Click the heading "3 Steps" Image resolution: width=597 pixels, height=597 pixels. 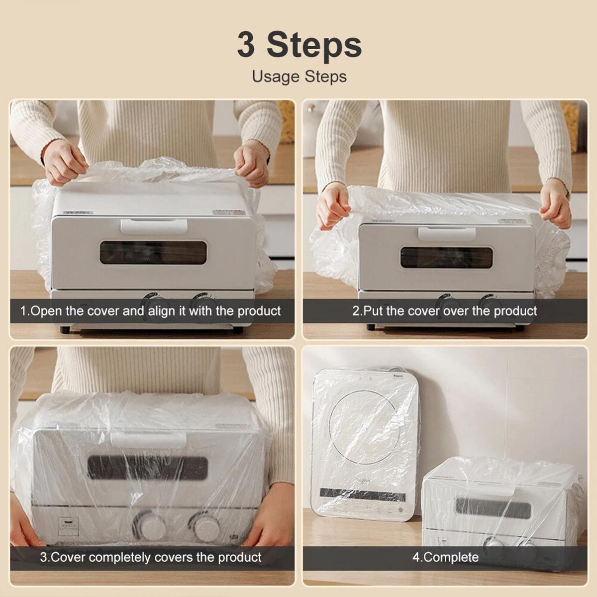point(299,45)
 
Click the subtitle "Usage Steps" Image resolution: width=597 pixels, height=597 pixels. point(299,77)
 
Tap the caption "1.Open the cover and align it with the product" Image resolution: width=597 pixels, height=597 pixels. point(150,311)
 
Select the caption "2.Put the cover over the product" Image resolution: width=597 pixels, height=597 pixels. point(445,311)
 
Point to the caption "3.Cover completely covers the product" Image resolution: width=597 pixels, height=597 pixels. point(150,557)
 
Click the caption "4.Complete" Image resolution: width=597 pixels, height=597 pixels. point(445,557)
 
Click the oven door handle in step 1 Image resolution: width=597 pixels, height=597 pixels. point(154,226)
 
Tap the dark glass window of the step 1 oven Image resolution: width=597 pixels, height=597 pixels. point(153,253)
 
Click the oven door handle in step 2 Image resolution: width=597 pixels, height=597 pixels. point(446,233)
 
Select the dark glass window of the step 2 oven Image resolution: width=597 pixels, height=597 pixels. point(446,257)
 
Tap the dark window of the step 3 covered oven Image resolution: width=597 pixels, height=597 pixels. point(148,468)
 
